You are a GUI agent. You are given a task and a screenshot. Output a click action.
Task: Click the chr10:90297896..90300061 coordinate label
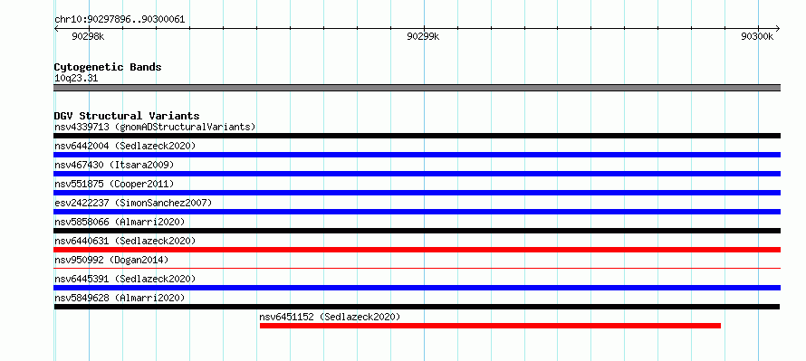tap(120, 20)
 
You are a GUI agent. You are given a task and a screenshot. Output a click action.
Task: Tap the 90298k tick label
tap(88, 36)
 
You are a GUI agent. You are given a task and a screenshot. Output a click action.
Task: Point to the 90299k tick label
tap(423, 36)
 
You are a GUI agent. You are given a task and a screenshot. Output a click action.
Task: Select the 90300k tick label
tap(757, 36)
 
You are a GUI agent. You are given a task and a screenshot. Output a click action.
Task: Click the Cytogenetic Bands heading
tap(108, 67)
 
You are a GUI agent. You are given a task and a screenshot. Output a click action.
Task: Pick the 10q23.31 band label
tap(76, 79)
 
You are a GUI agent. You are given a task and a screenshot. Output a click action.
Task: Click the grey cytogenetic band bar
tap(417, 88)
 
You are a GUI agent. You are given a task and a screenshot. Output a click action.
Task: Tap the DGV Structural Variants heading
tap(127, 116)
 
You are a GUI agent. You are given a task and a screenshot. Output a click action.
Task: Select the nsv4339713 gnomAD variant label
tap(155, 127)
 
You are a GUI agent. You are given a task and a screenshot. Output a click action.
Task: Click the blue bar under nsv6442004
tap(417, 155)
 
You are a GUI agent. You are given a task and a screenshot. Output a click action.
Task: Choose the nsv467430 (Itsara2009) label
tap(114, 165)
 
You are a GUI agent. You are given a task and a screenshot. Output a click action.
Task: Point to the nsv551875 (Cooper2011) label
tap(114, 184)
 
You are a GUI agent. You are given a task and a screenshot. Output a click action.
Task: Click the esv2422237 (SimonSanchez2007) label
tap(133, 203)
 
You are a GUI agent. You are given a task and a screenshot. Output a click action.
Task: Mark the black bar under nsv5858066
tap(417, 231)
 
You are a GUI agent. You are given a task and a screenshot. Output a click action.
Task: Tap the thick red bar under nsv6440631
tap(417, 250)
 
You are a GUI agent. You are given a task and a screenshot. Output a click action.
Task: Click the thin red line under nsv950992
tap(417, 268)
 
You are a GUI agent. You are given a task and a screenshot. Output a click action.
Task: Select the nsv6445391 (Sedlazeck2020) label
tap(125, 279)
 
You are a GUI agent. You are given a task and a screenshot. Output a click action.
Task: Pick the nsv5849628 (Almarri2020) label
tap(120, 298)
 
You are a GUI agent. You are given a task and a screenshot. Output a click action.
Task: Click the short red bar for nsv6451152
tap(490, 326)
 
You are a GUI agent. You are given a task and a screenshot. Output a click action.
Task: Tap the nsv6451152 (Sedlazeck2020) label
tap(330, 317)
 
